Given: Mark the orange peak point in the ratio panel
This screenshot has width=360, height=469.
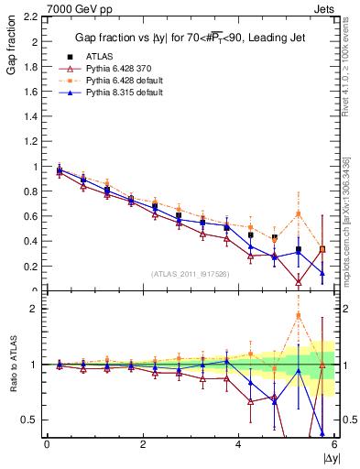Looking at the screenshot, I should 299,316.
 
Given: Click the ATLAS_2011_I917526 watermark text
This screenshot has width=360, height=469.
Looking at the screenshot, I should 189,275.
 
